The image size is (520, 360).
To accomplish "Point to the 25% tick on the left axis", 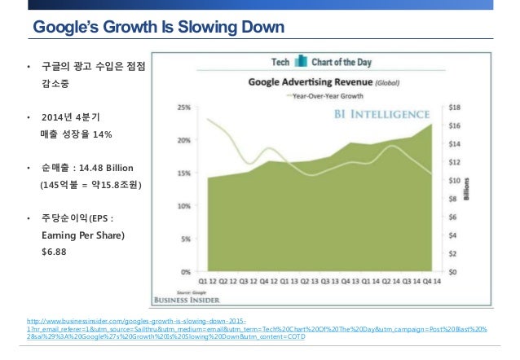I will (x=186, y=108).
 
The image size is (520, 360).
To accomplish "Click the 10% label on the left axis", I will (x=186, y=206).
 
